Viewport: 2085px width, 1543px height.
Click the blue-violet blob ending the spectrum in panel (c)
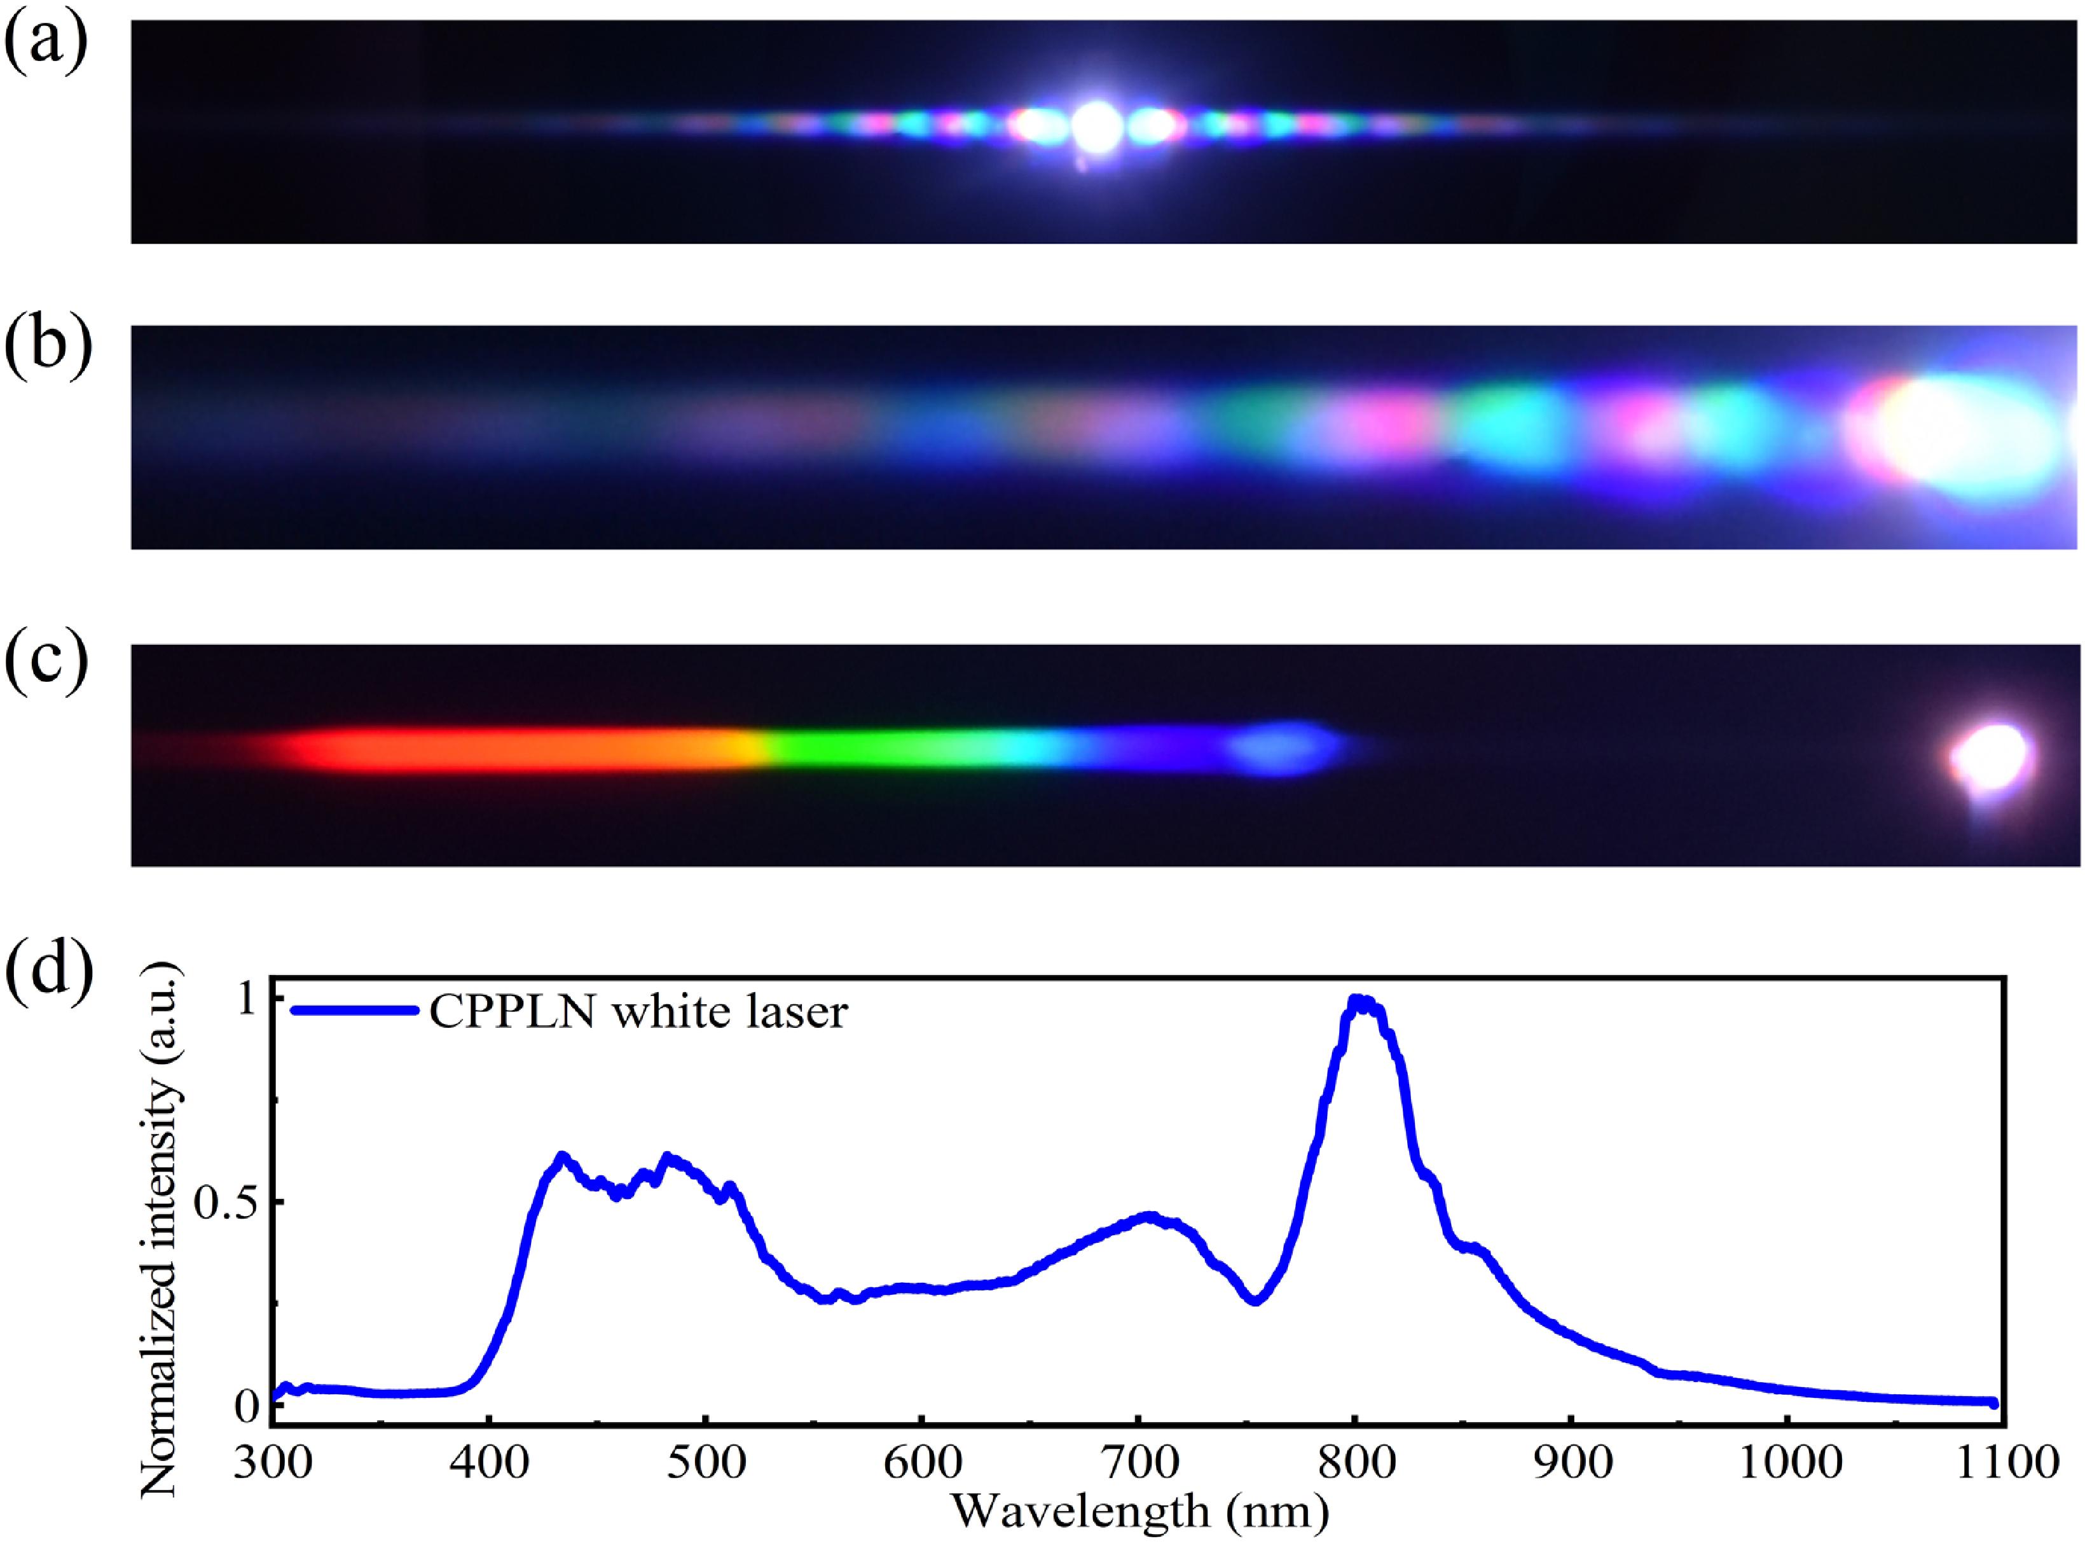pos(1284,747)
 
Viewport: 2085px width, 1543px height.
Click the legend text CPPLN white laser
pos(638,1011)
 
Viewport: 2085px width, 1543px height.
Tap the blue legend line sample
pos(352,1009)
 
